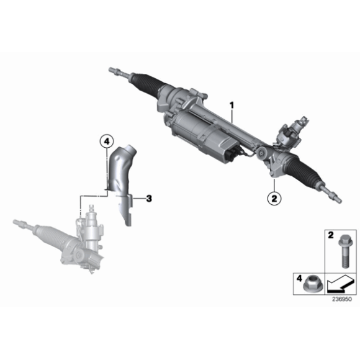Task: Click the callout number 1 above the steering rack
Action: point(232,106)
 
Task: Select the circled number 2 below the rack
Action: point(274,198)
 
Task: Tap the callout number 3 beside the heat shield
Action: point(149,199)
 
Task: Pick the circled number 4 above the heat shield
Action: point(107,142)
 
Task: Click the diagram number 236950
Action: point(342,299)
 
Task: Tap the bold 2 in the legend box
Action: point(331,235)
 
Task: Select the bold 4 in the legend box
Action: point(299,279)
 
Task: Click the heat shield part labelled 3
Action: point(122,181)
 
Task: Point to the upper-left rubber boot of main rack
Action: point(146,84)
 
